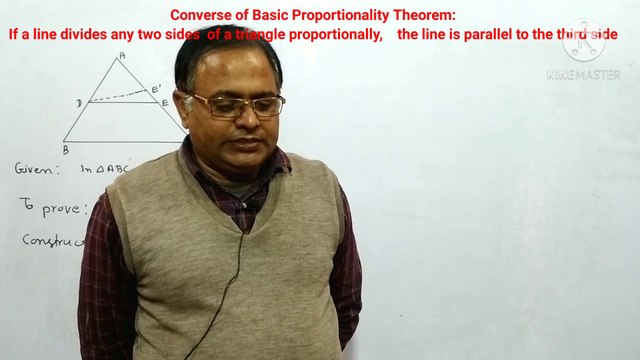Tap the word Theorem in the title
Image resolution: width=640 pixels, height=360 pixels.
pyautogui.click(x=420, y=16)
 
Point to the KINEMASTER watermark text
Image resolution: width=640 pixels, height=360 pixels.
pyautogui.click(x=583, y=74)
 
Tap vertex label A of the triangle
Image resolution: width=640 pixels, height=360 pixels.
pyautogui.click(x=121, y=57)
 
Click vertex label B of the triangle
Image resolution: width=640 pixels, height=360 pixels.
pyautogui.click(x=65, y=149)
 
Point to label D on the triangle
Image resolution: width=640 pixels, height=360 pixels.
pyautogui.click(x=79, y=103)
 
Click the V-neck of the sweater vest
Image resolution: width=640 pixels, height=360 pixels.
pyautogui.click(x=240, y=215)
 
